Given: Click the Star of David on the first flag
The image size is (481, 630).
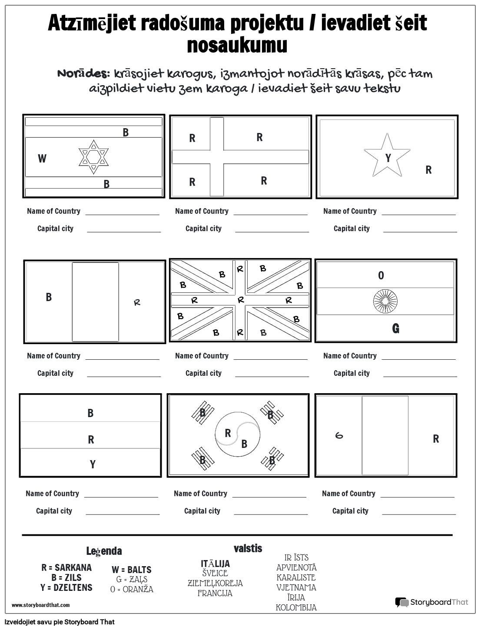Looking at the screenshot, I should [x=93, y=157].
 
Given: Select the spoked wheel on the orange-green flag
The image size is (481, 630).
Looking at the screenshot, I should [x=385, y=302].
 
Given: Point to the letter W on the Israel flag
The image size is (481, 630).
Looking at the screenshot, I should [x=42, y=159].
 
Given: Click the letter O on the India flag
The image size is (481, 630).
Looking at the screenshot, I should [x=381, y=275].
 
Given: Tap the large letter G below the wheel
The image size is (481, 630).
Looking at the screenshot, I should [x=395, y=329].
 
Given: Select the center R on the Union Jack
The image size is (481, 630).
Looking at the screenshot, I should [x=241, y=300].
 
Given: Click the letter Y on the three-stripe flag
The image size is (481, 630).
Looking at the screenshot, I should [x=93, y=465].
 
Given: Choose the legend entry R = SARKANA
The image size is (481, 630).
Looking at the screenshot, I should [x=66, y=567].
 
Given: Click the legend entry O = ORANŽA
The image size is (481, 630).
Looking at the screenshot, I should [x=132, y=590].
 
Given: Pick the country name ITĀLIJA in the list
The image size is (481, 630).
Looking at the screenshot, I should [x=215, y=564].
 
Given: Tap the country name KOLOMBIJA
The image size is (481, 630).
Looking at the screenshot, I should [x=296, y=607].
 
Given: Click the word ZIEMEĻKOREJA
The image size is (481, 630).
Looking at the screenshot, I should [x=215, y=583].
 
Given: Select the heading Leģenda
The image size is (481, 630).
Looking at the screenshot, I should [x=104, y=551].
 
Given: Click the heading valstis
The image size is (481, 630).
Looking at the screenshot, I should [x=248, y=548].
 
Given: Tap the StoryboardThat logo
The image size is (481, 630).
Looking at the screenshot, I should [x=431, y=602].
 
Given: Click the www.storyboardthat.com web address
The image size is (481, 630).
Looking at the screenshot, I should [x=40, y=605].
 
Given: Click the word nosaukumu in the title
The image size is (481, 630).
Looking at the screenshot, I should [x=237, y=45].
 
